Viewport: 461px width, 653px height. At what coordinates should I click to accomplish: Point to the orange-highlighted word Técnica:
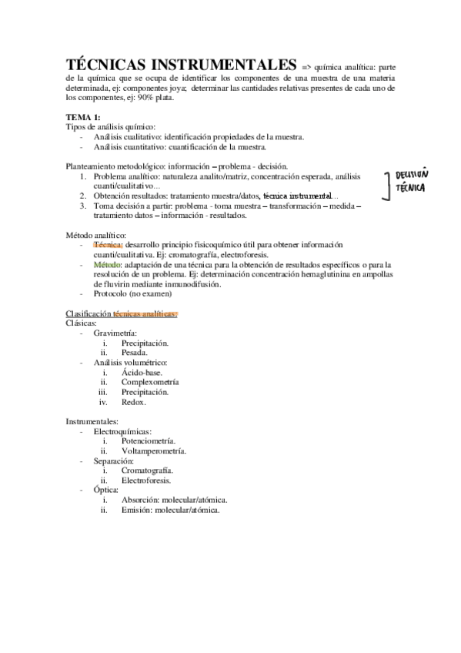tap(109, 245)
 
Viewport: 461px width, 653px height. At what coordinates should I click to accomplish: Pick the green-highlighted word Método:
tap(109, 264)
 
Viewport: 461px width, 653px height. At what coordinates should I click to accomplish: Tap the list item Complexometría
tap(150, 382)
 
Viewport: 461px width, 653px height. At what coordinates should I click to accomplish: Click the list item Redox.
tap(134, 401)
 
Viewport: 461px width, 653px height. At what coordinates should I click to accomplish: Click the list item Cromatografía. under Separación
tap(147, 470)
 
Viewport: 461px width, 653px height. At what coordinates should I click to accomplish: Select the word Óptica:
tap(106, 490)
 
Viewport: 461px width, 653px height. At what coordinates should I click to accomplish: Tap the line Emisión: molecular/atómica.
tap(170, 510)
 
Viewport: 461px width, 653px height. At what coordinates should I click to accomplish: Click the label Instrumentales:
tap(92, 421)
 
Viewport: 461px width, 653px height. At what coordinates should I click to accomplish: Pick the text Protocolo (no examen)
tap(132, 293)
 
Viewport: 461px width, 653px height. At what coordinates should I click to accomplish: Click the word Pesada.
tap(135, 352)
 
